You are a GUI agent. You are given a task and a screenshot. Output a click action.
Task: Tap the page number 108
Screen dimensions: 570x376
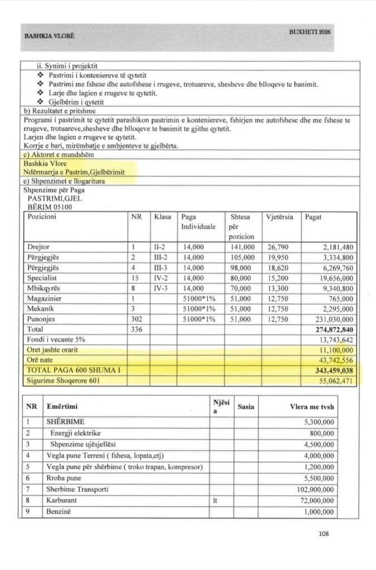click(324, 534)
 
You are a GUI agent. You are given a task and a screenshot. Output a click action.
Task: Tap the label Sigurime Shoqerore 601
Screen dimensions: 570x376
click(62, 381)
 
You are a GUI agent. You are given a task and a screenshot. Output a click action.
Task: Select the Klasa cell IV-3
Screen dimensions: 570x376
click(162, 288)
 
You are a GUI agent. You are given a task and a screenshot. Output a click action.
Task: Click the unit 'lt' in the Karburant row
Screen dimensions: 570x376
click(214, 501)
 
